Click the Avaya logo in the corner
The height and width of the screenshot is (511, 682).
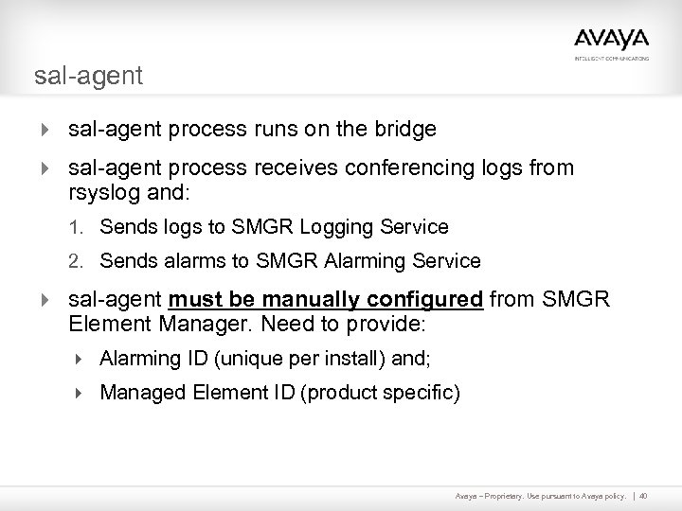611,40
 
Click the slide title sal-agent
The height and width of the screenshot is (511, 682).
88,76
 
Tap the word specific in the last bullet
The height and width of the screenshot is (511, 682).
424,392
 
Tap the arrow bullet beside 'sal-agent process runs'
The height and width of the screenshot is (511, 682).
44,129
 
